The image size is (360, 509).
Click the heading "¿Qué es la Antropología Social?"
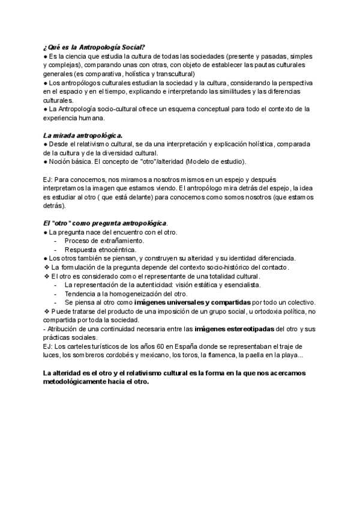pyautogui.click(x=94, y=47)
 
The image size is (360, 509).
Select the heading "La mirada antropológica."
pyautogui.click(x=83, y=136)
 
